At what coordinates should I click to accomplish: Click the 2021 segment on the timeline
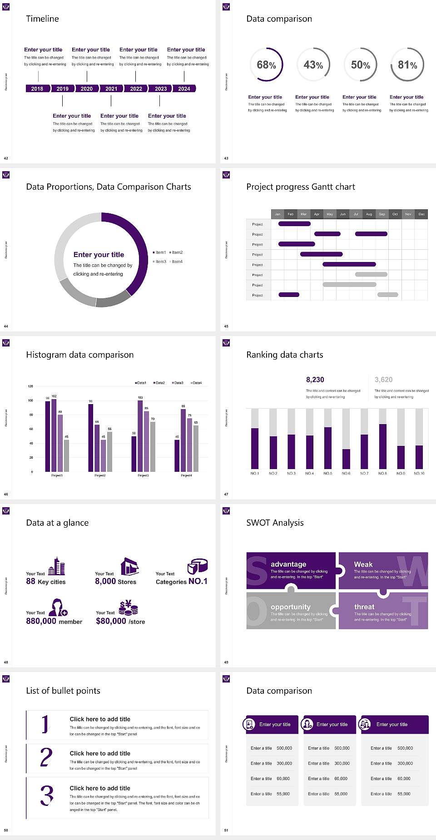(x=111, y=89)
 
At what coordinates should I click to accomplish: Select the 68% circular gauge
(x=266, y=64)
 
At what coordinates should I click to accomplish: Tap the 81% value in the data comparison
(x=407, y=65)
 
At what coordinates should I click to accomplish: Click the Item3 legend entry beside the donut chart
(x=159, y=262)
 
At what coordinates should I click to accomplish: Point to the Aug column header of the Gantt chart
(x=369, y=214)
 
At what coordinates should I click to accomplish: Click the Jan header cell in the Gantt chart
(x=277, y=214)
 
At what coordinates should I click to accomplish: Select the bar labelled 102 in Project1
(x=54, y=434)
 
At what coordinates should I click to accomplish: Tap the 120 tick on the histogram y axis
(x=30, y=386)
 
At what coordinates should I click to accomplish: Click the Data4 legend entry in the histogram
(x=196, y=383)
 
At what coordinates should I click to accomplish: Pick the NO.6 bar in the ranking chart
(x=346, y=459)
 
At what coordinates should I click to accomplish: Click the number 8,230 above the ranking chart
(x=315, y=380)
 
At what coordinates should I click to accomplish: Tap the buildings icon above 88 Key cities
(x=57, y=566)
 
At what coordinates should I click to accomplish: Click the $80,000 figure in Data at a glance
(x=111, y=621)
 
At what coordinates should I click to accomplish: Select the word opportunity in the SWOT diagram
(x=291, y=607)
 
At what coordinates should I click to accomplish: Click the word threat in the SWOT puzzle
(x=364, y=607)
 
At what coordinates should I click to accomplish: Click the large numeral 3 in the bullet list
(x=47, y=796)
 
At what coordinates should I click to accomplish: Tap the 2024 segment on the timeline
(x=184, y=89)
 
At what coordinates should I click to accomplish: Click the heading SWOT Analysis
(x=275, y=523)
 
